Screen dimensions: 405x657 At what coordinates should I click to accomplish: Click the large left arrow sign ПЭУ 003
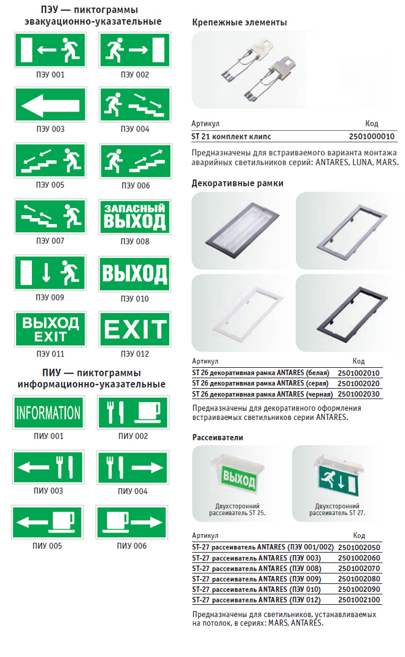(x=50, y=105)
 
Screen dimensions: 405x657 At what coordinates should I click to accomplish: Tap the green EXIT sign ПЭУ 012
(x=135, y=329)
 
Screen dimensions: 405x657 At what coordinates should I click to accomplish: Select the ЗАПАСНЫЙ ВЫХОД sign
(x=135, y=217)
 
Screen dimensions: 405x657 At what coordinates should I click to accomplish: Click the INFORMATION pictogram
(x=48, y=412)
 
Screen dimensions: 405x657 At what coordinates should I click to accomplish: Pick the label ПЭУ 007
(x=50, y=241)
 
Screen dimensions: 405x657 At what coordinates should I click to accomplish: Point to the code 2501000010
(x=372, y=136)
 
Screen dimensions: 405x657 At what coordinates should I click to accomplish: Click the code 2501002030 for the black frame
(x=358, y=394)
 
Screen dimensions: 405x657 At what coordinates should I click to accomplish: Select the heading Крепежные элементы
(x=239, y=23)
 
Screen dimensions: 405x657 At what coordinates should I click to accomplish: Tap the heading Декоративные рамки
(x=237, y=183)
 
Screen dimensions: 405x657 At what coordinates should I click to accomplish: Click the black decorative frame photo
(x=350, y=313)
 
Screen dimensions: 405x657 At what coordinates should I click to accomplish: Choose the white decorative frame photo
(x=244, y=313)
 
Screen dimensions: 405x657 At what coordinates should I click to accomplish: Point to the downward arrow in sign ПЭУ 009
(x=47, y=272)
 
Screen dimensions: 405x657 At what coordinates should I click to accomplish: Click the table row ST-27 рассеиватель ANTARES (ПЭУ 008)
(x=287, y=569)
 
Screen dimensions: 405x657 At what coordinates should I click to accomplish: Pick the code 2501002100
(x=359, y=600)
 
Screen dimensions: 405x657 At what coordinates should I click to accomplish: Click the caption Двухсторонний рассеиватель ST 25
(x=237, y=510)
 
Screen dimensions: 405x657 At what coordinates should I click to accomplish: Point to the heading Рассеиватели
(x=218, y=437)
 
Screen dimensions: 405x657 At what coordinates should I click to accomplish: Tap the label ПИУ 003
(x=48, y=491)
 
